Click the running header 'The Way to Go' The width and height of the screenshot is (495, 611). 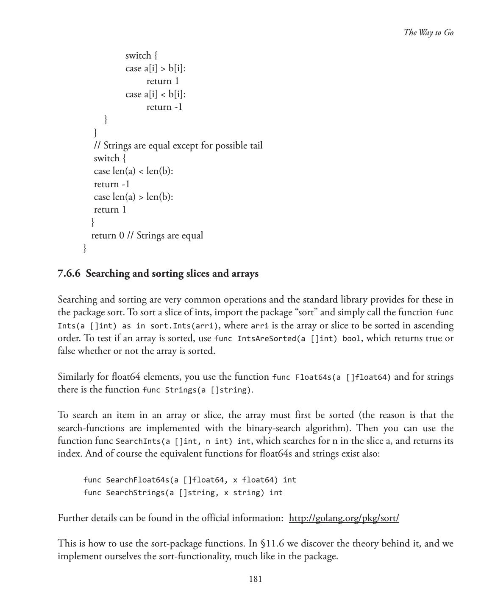tap(428, 33)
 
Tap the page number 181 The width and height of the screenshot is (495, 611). tap(255, 579)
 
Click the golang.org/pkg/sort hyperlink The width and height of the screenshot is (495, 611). tap(344, 518)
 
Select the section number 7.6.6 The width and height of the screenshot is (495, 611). tap(69, 274)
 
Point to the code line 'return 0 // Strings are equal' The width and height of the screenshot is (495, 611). tap(147, 235)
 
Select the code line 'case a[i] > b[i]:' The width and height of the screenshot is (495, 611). tap(156, 68)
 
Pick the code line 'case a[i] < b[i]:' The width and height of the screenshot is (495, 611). tap(156, 94)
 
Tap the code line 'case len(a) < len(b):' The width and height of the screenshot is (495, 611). tap(133, 171)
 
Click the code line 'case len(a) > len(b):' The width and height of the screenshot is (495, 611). tap(133, 197)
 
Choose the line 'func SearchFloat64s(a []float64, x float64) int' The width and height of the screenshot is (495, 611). tap(189, 480)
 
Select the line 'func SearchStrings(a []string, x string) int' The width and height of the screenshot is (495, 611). tap(183, 493)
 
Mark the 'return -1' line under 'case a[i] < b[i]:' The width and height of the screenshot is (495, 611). tap(164, 107)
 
